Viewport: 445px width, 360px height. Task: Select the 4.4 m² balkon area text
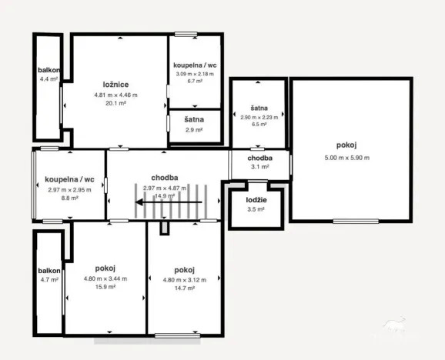(x=49, y=78)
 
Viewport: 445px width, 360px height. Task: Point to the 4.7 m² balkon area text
(x=49, y=280)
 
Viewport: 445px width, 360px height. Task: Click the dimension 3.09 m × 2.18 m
(x=195, y=73)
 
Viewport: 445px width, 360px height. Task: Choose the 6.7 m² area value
(x=195, y=81)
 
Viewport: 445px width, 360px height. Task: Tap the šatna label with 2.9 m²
(x=194, y=120)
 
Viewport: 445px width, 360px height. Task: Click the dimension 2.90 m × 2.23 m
(x=259, y=118)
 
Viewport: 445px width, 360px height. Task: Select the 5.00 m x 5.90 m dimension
(x=346, y=158)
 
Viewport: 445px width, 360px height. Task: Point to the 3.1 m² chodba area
(x=259, y=166)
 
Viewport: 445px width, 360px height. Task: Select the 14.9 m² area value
(x=165, y=196)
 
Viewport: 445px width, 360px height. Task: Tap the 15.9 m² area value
(x=105, y=287)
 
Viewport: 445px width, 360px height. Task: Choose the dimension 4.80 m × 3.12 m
(x=184, y=279)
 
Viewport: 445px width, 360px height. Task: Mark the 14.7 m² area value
(x=184, y=287)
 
